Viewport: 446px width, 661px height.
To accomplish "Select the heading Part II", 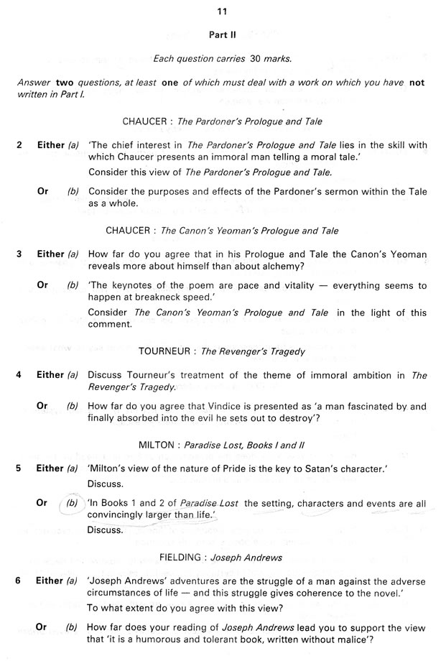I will tap(222, 34).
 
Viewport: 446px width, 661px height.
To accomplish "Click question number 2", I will tap(19, 145).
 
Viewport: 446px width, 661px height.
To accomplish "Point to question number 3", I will tap(19, 254).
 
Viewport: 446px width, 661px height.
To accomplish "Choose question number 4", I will tap(19, 375).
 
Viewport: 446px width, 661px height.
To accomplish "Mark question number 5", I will tap(19, 468).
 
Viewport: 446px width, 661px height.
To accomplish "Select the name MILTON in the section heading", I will tap(157, 445).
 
